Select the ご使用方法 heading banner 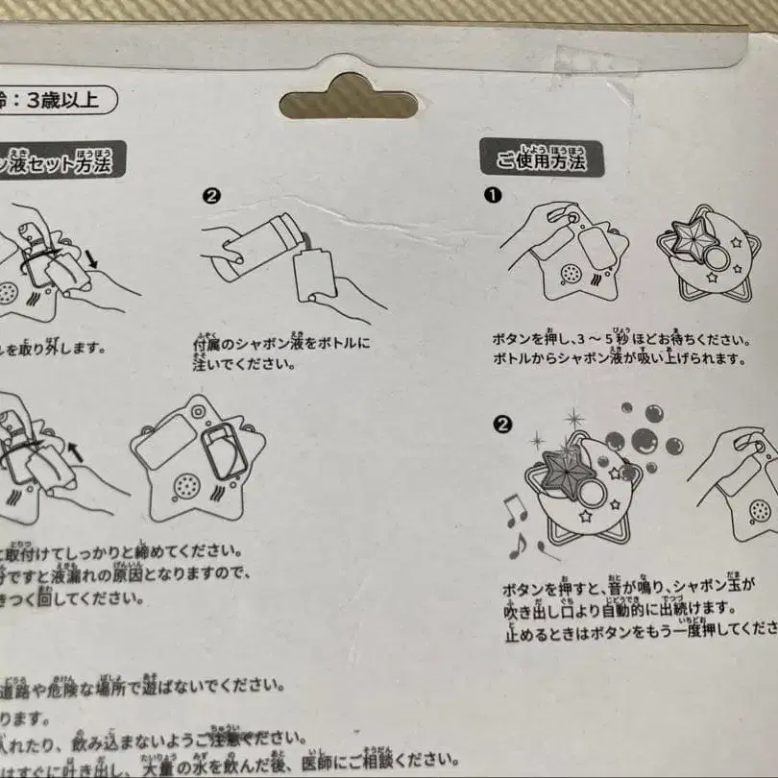(x=541, y=159)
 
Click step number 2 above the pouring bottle (x=212, y=195)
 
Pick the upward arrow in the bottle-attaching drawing (x=75, y=450)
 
